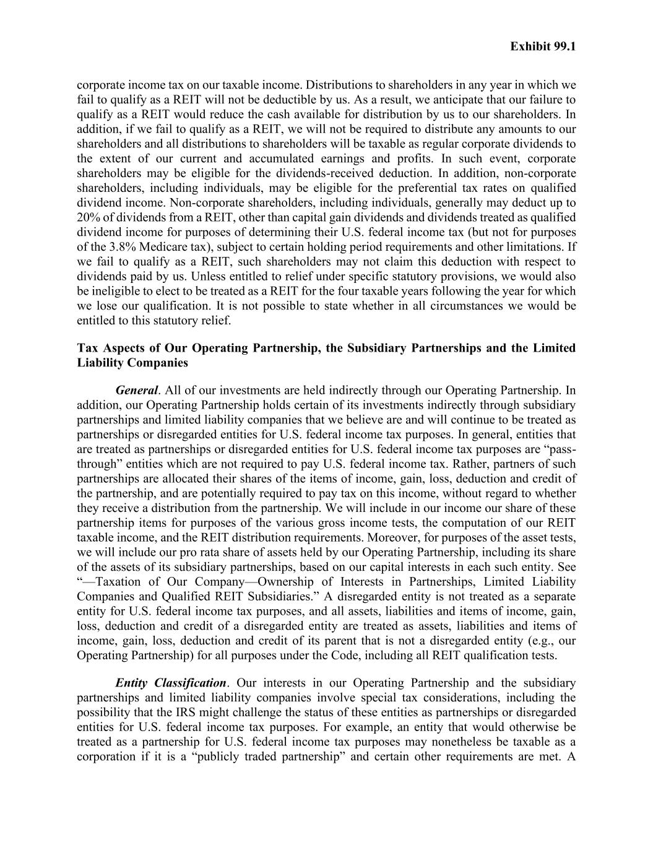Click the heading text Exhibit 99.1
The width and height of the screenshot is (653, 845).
pyautogui.click(x=543, y=46)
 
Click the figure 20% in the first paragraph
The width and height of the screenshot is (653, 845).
pyautogui.click(x=88, y=217)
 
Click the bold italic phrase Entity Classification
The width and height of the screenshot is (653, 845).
pyautogui.click(x=171, y=683)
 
